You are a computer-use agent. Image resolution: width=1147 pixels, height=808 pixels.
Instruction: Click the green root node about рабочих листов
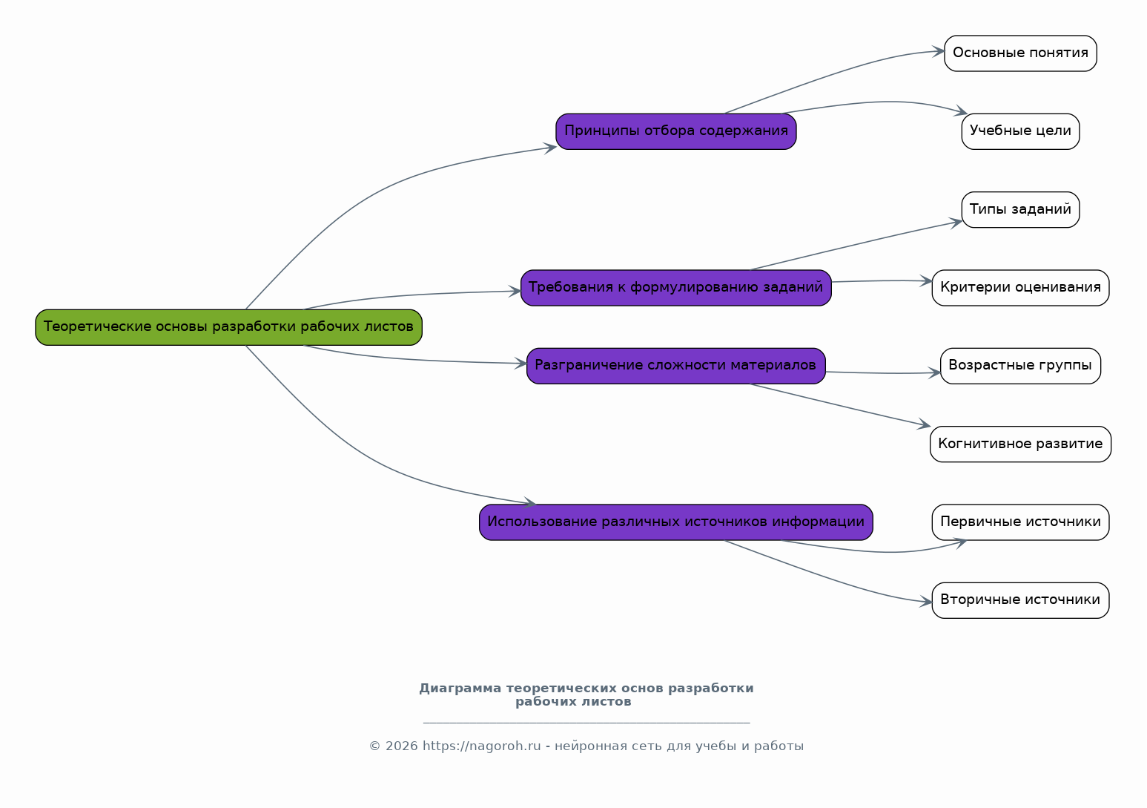228,327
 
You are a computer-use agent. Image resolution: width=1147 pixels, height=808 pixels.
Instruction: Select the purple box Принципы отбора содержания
676,131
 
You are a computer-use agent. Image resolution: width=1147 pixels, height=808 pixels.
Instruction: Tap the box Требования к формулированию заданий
676,288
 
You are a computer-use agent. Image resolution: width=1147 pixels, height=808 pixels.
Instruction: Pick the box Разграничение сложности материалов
676,366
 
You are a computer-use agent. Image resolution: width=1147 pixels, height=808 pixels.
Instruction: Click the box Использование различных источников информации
676,522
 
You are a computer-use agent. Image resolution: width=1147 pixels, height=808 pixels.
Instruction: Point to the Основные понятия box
1020,53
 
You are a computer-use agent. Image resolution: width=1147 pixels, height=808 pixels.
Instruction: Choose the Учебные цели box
1020,131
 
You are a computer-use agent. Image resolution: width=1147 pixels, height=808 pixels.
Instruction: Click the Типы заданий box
1020,209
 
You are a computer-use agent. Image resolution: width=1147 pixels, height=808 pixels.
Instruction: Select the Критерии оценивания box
1020,288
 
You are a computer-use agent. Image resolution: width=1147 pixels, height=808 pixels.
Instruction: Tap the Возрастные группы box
1020,366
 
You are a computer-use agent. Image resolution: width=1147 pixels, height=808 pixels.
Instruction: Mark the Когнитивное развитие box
1020,444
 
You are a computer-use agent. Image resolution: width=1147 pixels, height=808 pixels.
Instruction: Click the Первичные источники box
1020,522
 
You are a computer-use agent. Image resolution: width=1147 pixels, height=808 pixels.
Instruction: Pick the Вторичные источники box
1020,600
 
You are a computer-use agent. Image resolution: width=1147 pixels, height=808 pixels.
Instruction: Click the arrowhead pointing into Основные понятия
939,51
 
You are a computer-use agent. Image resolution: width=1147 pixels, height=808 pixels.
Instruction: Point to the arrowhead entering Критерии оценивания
926,281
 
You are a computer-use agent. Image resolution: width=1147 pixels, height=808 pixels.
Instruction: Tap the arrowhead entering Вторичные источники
926,602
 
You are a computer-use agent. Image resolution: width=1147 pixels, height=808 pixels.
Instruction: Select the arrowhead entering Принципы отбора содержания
550,148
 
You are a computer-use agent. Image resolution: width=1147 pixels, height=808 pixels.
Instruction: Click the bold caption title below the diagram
586,694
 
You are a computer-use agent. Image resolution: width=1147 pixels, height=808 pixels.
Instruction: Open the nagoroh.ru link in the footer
481,746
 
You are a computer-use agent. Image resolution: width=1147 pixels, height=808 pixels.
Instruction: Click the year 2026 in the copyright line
401,746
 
